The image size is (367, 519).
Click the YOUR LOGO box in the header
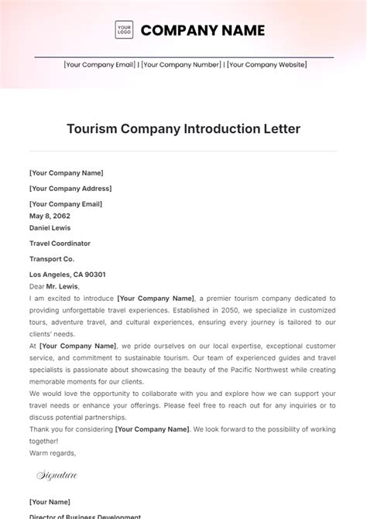point(123,30)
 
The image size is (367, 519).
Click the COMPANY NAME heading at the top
point(203,30)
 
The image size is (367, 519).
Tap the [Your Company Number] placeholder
point(181,66)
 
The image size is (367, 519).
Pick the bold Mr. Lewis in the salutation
point(63,285)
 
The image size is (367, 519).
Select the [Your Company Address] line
point(70,188)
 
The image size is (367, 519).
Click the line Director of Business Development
point(86,515)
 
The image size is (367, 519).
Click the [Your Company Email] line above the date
point(66,203)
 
